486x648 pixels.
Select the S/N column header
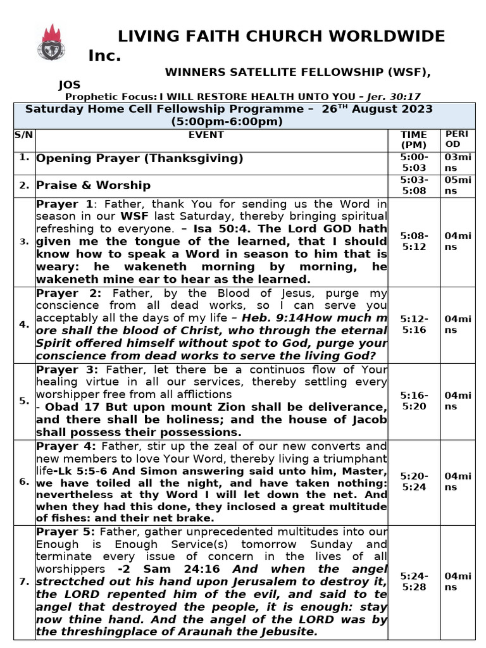24,135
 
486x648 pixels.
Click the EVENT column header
206,135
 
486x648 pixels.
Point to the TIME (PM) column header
414,140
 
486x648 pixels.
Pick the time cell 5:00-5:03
414,163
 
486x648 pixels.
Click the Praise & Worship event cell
94,185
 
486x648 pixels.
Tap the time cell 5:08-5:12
414,241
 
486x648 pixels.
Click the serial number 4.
24,325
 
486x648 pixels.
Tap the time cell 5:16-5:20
414,401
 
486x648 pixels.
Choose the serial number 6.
24,482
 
